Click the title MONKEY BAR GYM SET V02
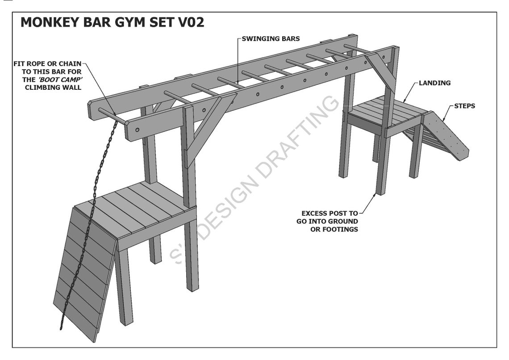pyautogui.click(x=112, y=22)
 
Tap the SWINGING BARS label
pyautogui.click(x=271, y=39)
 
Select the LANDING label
pyautogui.click(x=434, y=83)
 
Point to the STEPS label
pyautogui.click(x=464, y=106)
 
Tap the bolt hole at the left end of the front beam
pyautogui.click(x=138, y=130)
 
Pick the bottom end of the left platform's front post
pyautogui.click(x=192, y=288)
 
